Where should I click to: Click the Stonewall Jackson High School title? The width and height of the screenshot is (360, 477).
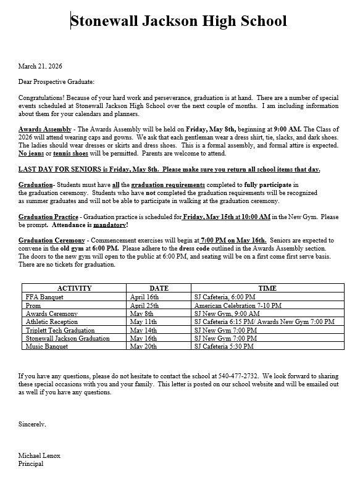point(179,22)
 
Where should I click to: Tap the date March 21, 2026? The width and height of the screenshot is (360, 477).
point(40,66)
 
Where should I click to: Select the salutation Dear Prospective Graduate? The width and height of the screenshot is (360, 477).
point(56,81)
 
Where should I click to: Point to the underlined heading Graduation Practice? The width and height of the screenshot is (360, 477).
point(48,217)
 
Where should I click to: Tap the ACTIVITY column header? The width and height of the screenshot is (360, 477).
point(74,288)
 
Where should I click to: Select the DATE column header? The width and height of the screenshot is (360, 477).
point(159,288)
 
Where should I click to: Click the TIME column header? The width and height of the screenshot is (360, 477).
point(267,288)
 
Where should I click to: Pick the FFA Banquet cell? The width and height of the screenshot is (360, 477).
point(45,297)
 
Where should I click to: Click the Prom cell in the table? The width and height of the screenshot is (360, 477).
point(33,305)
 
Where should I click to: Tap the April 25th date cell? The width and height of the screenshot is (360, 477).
point(144,305)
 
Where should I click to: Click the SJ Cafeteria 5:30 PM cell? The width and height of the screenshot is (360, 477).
point(223,347)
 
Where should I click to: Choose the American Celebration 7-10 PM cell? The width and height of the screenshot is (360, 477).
point(238,305)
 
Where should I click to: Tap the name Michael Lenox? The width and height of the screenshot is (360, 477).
point(40,455)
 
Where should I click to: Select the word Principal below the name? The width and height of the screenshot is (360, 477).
point(31,463)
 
